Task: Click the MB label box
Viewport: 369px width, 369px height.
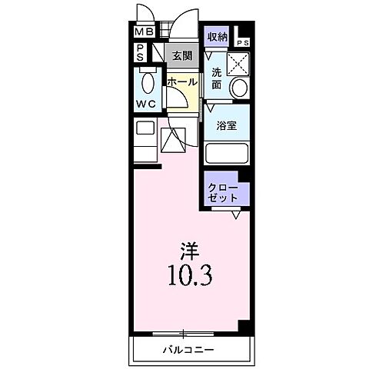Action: [143, 32]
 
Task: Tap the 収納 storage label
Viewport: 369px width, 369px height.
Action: [217, 36]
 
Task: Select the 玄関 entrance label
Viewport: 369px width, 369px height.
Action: [182, 55]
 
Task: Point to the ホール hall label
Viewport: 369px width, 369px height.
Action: [182, 81]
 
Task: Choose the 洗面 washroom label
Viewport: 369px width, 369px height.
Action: [217, 78]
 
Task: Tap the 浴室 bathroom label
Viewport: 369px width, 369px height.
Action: [225, 125]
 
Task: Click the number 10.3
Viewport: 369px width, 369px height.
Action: [188, 274]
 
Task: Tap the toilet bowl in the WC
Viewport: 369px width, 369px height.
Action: [149, 81]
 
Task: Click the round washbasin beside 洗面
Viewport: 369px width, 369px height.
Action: [240, 86]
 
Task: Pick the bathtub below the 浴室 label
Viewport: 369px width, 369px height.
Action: [227, 152]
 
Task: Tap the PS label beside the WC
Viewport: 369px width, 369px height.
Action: [141, 52]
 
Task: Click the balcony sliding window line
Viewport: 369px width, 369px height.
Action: [184, 333]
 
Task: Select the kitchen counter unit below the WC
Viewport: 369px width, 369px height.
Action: [146, 138]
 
